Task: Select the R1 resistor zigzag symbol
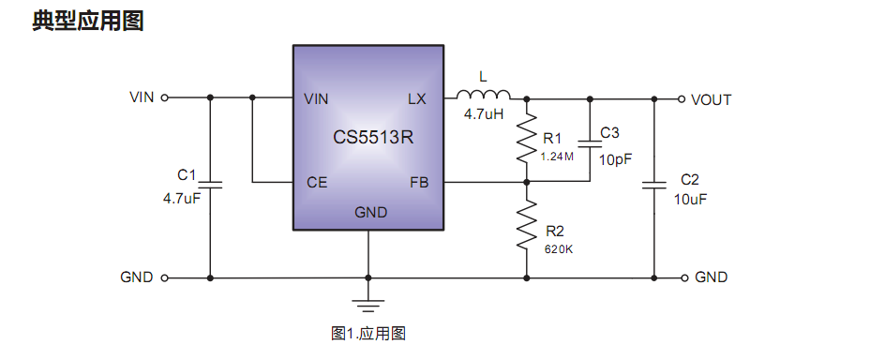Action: coord(528,141)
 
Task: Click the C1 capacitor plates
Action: coord(210,185)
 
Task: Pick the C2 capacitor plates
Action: coord(653,186)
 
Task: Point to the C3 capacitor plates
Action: coord(590,144)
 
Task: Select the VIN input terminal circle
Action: coord(165,97)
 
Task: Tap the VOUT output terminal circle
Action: coord(682,98)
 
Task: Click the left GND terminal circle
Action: coord(165,277)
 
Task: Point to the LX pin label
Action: coord(417,98)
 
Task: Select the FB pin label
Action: coord(418,183)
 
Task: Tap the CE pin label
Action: coord(317,183)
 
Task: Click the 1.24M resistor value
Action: coord(557,157)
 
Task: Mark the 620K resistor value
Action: coord(559,249)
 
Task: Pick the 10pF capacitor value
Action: coord(616,159)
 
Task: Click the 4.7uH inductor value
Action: coord(484,115)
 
